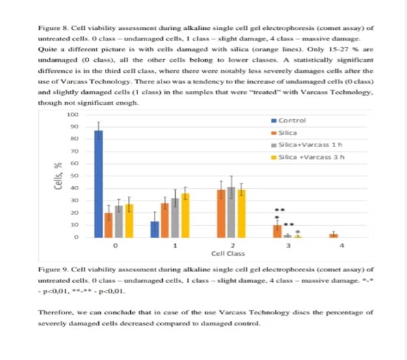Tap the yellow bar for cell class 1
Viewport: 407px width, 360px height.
click(186, 215)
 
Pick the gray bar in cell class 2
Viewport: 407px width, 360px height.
click(231, 212)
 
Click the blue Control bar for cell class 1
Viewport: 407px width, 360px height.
click(154, 229)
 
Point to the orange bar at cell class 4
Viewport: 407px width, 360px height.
click(333, 235)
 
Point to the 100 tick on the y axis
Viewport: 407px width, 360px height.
click(73, 114)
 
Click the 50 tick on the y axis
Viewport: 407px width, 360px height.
click(74, 176)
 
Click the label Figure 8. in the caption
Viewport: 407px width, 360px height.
click(52, 29)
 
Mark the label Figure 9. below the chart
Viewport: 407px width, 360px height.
click(52, 268)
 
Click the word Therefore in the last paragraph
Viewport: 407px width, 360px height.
click(55, 312)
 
